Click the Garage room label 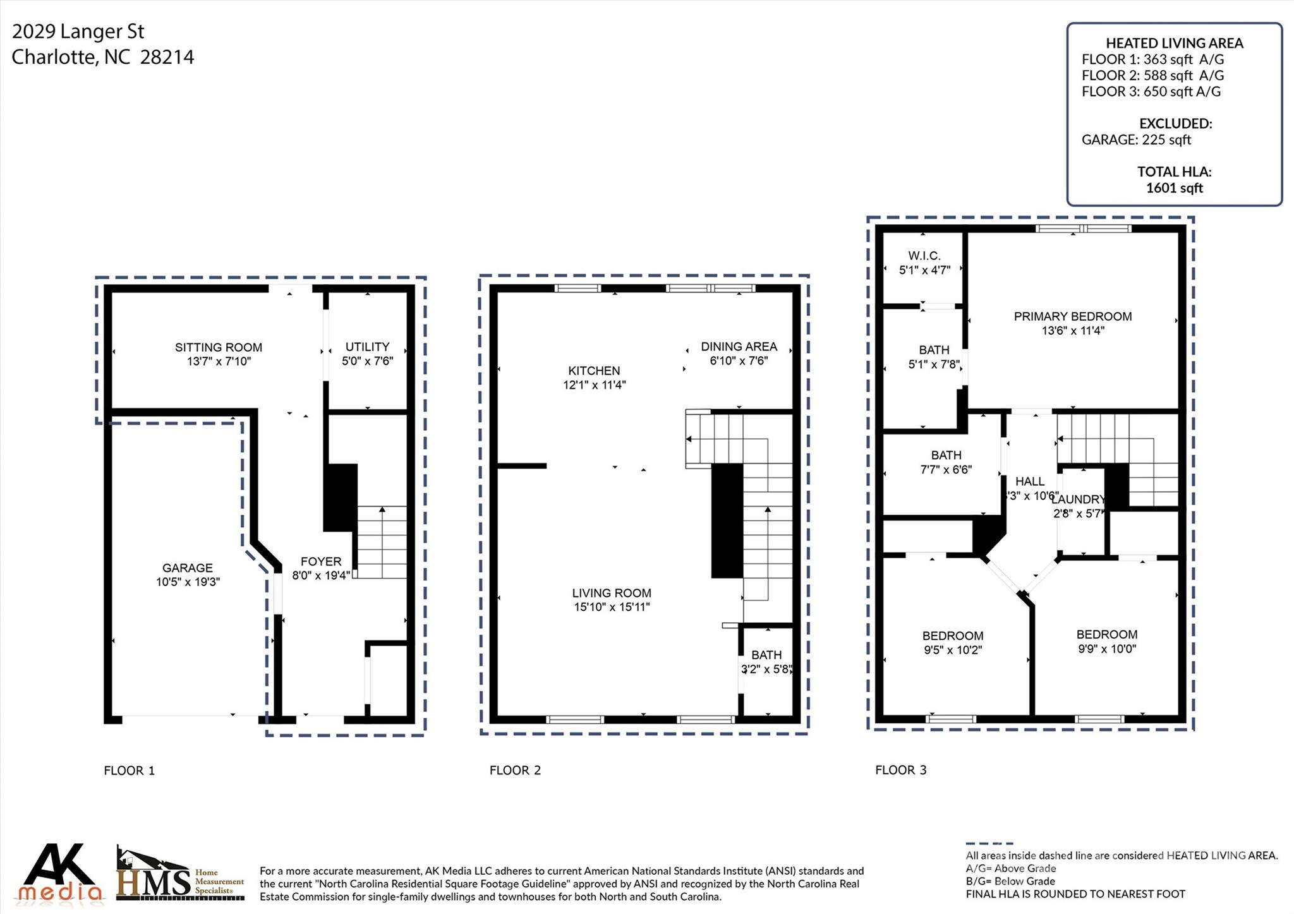[x=187, y=568]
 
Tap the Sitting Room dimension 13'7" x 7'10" [x=218, y=361]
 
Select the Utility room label [x=367, y=347]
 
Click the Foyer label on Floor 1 [x=321, y=562]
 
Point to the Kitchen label [x=594, y=371]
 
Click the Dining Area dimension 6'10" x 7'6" [x=739, y=361]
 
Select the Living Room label [x=611, y=593]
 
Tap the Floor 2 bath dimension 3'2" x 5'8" [x=766, y=669]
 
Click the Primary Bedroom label [x=1072, y=316]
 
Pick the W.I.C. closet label [x=924, y=256]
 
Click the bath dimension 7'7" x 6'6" [x=946, y=469]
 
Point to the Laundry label [x=1078, y=500]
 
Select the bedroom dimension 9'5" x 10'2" [x=952, y=650]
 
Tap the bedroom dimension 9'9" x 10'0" [x=1107, y=649]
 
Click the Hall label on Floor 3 [x=1029, y=481]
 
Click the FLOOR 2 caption [x=515, y=770]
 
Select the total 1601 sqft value [x=1174, y=188]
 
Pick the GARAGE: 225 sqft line [x=1136, y=140]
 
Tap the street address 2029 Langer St [x=78, y=32]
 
